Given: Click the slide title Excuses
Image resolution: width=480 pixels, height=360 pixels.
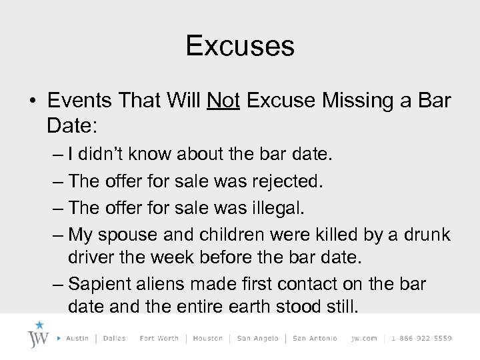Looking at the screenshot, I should click(240, 45).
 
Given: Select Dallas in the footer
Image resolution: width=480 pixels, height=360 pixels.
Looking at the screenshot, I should click(115, 338).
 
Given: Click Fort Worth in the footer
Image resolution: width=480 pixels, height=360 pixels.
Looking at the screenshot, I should click(159, 338).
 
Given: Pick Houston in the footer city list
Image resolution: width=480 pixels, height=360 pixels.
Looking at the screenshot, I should click(208, 338).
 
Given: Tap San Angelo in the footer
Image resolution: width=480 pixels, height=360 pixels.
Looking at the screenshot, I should click(258, 338).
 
